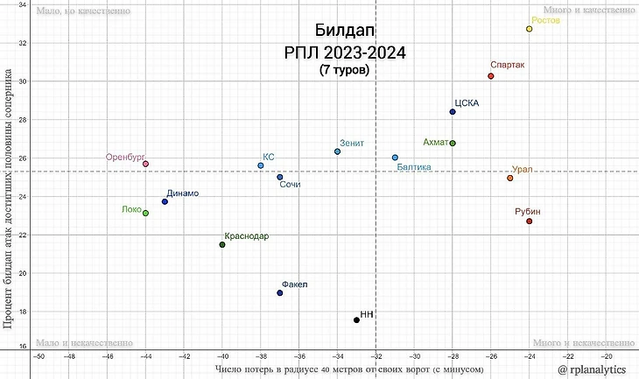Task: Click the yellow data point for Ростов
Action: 530,29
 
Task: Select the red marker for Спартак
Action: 491,76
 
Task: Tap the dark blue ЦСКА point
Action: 453,112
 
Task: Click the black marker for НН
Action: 356,320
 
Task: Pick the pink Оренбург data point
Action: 145,164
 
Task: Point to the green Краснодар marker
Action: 222,244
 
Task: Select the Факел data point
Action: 280,292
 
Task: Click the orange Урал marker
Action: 510,178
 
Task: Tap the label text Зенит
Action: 352,143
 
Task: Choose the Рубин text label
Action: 528,211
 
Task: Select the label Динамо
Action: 182,193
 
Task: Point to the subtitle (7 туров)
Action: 344,69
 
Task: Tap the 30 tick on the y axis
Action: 22,81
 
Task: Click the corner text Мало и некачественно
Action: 83,343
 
